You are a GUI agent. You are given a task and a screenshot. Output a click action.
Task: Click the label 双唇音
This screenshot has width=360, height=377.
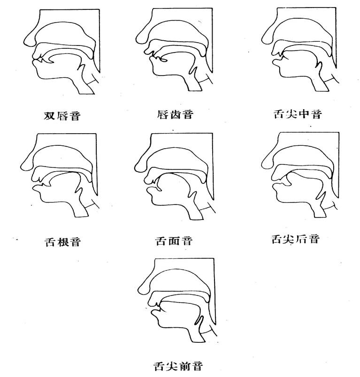pos(61,115)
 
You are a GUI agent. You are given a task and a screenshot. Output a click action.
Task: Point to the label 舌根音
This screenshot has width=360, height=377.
pos(61,241)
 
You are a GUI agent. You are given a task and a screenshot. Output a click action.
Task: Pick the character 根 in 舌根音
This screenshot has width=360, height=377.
pos(61,241)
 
